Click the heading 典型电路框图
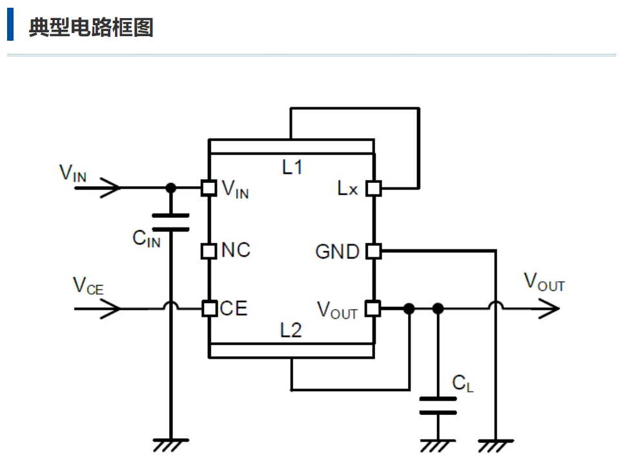[90, 28]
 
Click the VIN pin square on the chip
[209, 188]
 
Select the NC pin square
[209, 250]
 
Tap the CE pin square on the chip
[209, 309]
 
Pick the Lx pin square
[373, 188]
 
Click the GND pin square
[373, 251]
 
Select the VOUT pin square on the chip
[373, 309]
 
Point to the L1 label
[292, 167]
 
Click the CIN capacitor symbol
[170, 222]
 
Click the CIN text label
[147, 239]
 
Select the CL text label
[463, 383]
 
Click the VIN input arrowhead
[111, 188]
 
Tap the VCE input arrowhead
[111, 309]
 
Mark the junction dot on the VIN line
[170, 188]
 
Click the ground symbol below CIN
[170, 444]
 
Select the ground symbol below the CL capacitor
[438, 444]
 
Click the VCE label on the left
[88, 285]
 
